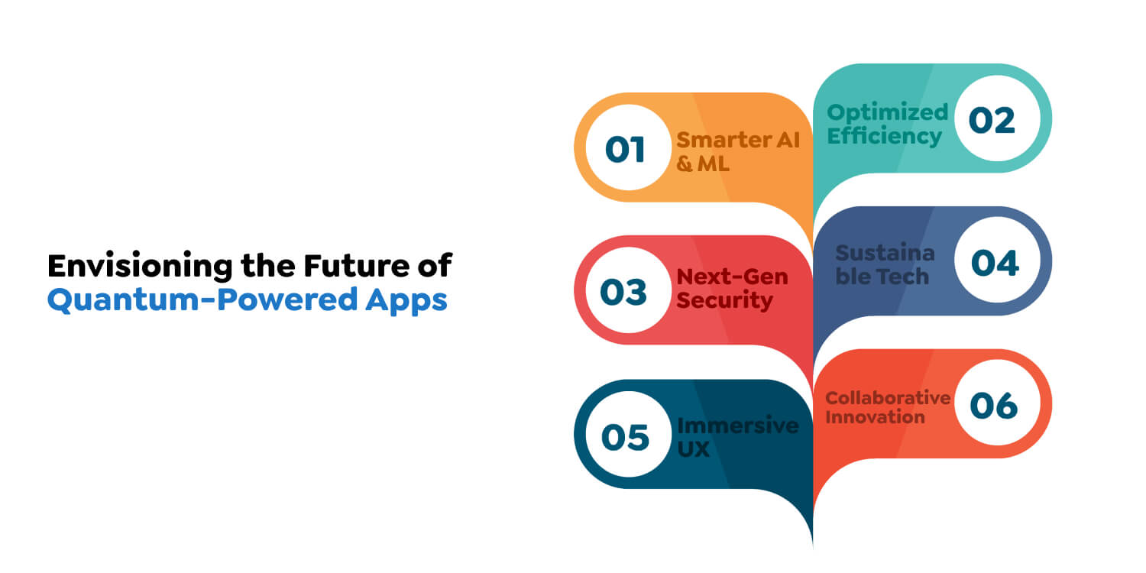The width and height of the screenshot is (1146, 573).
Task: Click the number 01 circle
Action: pyautogui.click(x=628, y=148)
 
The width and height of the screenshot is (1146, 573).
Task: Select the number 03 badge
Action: pyautogui.click(x=628, y=290)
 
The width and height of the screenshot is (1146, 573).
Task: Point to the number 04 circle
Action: pyautogui.click(x=997, y=261)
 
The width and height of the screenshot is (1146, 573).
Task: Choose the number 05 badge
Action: pyautogui.click(x=628, y=435)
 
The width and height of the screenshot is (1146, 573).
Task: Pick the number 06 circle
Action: pyautogui.click(x=997, y=403)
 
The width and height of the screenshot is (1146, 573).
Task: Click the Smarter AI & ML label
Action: pyautogui.click(x=738, y=152)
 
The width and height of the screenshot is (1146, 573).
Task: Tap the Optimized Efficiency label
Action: pyautogui.click(x=888, y=125)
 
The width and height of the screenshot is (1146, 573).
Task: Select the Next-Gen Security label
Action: pyautogui.click(x=732, y=289)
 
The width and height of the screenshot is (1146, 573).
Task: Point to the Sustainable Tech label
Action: pyautogui.click(x=885, y=264)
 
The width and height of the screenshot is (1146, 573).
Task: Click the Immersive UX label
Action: pyautogui.click(x=738, y=437)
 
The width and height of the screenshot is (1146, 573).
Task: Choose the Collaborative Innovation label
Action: pyautogui.click(x=888, y=407)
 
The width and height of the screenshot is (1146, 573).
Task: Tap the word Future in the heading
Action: pyautogui.click(x=357, y=266)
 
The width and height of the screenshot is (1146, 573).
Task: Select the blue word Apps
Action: pyautogui.click(x=406, y=301)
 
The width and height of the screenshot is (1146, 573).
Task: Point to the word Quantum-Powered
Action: pyautogui.click(x=202, y=299)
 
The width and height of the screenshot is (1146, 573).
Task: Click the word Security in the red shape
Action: pyautogui.click(x=724, y=301)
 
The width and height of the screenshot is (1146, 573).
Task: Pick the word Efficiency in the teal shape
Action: pyautogui.click(x=884, y=137)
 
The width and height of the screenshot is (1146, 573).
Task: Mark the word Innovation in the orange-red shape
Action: pyautogui.click(x=875, y=417)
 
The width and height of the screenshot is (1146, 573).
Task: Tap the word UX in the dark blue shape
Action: pyautogui.click(x=693, y=449)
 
